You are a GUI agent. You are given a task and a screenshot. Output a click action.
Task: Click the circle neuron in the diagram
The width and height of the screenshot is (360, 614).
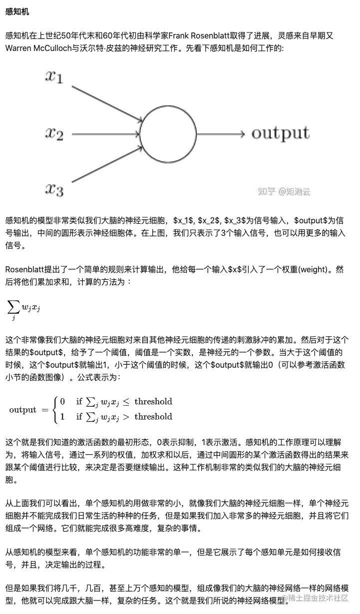168,134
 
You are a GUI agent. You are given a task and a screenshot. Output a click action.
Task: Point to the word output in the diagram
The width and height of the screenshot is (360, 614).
280,133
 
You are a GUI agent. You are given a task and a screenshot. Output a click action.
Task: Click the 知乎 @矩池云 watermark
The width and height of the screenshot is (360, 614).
283,191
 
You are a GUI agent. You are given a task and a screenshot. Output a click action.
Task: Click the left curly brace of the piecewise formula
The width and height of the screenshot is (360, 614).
52,409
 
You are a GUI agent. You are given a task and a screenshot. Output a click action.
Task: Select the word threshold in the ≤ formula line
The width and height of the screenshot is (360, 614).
153,401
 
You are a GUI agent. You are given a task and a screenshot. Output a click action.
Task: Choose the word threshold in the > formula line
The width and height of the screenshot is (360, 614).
153,417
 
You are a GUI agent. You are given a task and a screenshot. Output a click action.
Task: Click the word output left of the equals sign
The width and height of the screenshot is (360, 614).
23,410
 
